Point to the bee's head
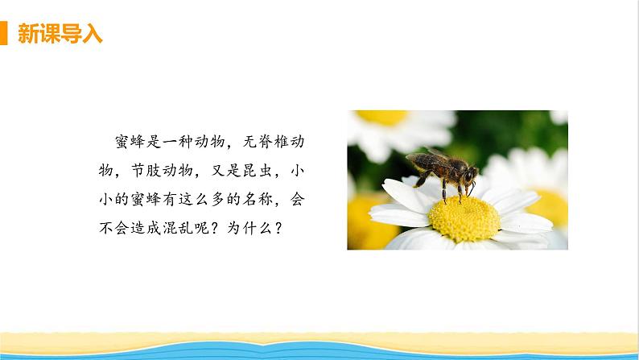point(470,173)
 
